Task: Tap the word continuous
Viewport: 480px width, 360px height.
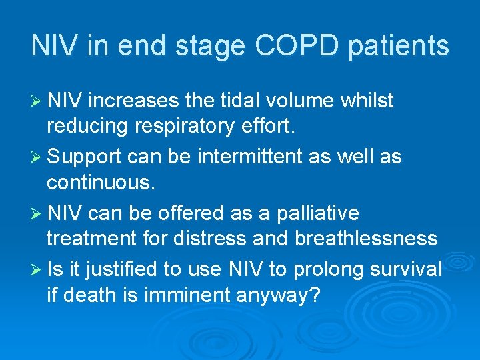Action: (x=100, y=182)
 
